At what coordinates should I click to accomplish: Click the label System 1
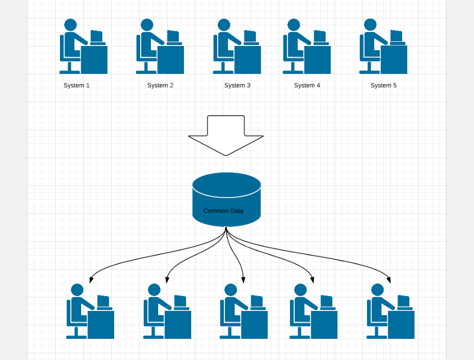[x=77, y=85]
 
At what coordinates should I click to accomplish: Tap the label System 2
[x=160, y=85]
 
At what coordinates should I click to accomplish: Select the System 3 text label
[x=237, y=85]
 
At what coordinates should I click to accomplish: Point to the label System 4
[x=307, y=85]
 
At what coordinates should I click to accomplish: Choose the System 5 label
[x=384, y=85]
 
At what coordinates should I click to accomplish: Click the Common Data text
[x=223, y=211]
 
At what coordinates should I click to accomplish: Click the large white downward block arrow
[x=226, y=135]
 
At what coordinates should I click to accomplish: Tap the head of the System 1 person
[x=70, y=25]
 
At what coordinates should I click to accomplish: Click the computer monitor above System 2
[x=173, y=36]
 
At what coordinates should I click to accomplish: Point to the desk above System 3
[x=248, y=60]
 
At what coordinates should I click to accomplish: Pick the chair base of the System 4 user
[x=293, y=71]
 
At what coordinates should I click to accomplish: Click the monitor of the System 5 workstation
[x=396, y=36]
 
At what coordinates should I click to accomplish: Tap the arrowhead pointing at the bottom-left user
[x=91, y=280]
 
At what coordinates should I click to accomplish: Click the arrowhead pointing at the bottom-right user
[x=389, y=280]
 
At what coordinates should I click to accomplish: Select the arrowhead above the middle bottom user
[x=243, y=280]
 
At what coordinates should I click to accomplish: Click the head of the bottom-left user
[x=77, y=290]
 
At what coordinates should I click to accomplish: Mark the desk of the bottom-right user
[x=401, y=324]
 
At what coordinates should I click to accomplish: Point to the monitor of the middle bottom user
[x=256, y=301]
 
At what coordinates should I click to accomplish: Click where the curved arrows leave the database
[x=226, y=228]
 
